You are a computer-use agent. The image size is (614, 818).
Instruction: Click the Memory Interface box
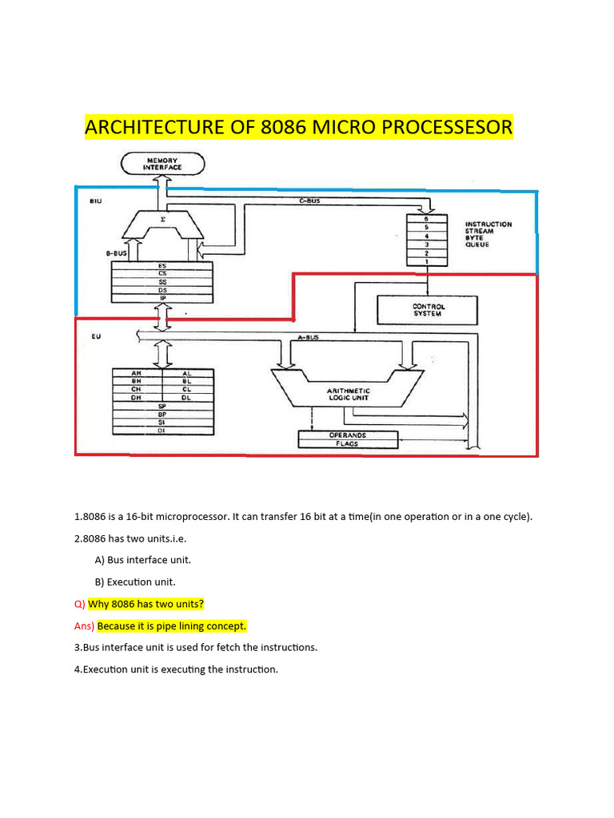pos(162,164)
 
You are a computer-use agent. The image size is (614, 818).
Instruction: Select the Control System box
pos(428,310)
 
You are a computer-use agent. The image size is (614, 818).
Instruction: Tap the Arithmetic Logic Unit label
pos(348,393)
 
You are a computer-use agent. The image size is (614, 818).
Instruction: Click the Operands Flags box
pos(347,439)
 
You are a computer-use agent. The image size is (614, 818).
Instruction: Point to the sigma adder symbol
pos(163,218)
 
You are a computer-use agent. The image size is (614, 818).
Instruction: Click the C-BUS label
pos(309,201)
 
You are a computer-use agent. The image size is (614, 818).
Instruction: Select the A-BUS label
pos(308,337)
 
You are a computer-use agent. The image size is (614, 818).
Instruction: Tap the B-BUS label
pos(117,252)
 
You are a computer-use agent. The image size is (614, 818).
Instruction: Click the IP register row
pos(162,297)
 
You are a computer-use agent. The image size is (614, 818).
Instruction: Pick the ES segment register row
pos(162,265)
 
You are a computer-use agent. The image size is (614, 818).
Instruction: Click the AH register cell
pos(137,373)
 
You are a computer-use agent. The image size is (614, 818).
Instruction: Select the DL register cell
pos(187,397)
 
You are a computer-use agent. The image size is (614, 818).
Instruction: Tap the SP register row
pos(162,406)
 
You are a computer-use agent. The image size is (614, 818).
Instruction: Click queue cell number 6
pos(428,218)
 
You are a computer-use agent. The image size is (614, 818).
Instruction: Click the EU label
pos(96,337)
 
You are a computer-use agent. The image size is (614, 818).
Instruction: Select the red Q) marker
pos(79,604)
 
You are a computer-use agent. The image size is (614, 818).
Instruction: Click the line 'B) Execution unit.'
pos(134,582)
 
